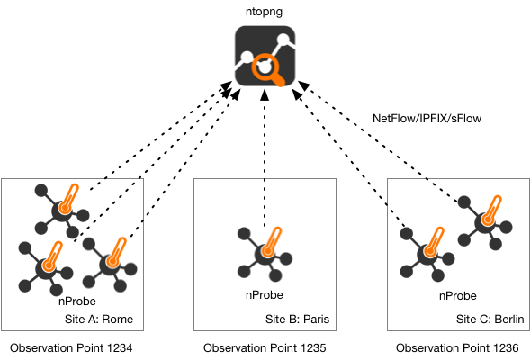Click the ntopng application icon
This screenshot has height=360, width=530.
point(265,56)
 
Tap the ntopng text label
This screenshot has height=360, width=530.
point(264,12)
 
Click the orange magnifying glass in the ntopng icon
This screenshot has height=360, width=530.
point(268,69)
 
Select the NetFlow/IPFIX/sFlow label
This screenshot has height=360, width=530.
point(427,118)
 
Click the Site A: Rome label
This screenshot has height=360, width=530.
point(99,319)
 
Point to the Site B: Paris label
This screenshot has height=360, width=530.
point(297,319)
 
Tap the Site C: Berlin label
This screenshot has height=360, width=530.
point(490,319)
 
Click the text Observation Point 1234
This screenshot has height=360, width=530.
point(71,347)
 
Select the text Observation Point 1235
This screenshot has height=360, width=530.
point(265,347)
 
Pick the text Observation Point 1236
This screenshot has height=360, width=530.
point(457,347)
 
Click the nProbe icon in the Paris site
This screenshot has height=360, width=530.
point(265,254)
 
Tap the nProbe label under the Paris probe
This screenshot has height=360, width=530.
point(265,295)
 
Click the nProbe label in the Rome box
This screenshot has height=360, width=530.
point(77,301)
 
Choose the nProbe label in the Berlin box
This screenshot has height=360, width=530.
point(458,296)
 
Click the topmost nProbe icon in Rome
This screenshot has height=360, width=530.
point(62,211)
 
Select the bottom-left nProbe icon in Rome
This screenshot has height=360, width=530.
point(46,269)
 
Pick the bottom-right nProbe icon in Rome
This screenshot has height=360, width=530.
point(110,265)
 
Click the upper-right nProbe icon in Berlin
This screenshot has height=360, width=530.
point(485,222)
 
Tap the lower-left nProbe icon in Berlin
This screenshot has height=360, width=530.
point(427,254)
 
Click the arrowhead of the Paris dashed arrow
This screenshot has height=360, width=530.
point(265,95)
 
